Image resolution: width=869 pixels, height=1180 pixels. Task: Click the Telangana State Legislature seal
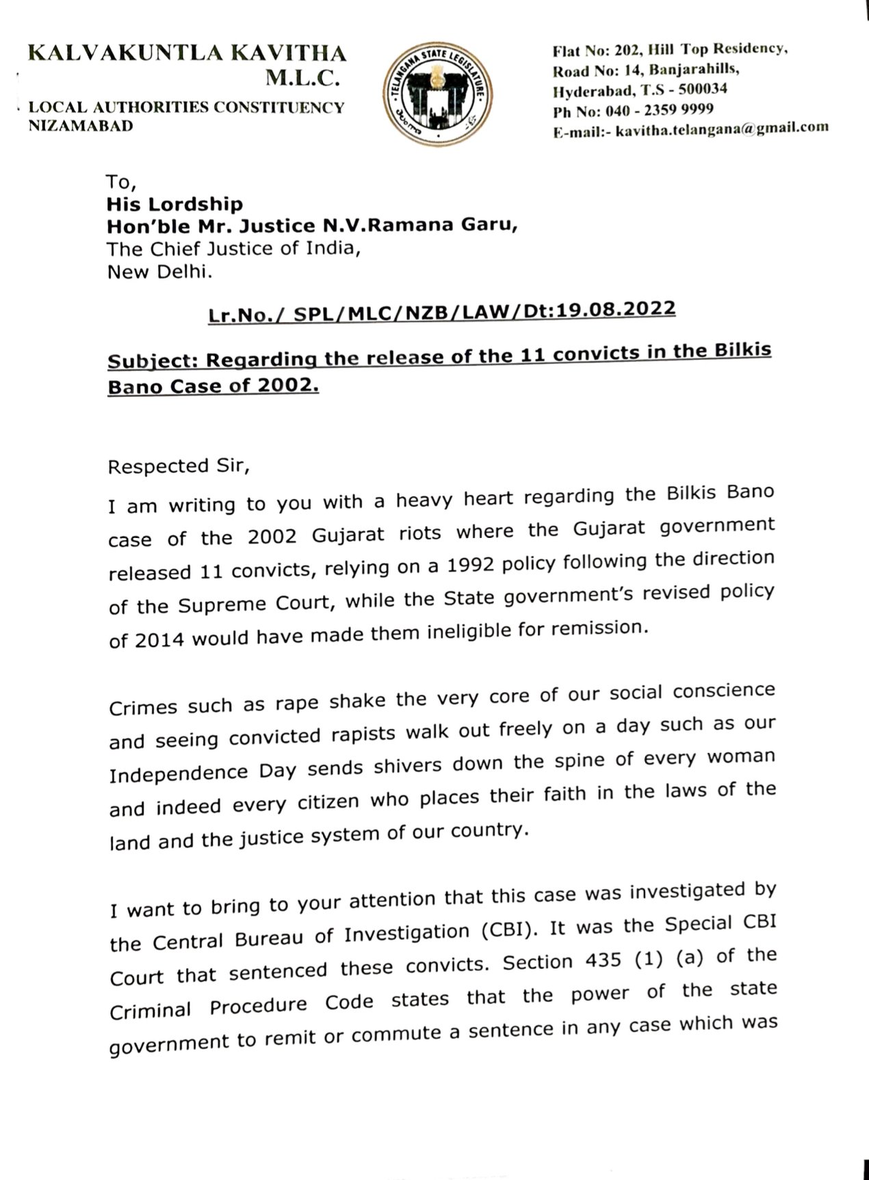tap(434, 90)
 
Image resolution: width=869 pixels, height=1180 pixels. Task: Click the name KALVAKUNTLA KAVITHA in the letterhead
tap(187, 54)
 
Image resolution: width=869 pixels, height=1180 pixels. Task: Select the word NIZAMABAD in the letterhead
tap(81, 125)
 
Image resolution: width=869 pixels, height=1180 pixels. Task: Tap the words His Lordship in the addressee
tap(174, 204)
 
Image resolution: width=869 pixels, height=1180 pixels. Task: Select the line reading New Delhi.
tap(159, 272)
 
